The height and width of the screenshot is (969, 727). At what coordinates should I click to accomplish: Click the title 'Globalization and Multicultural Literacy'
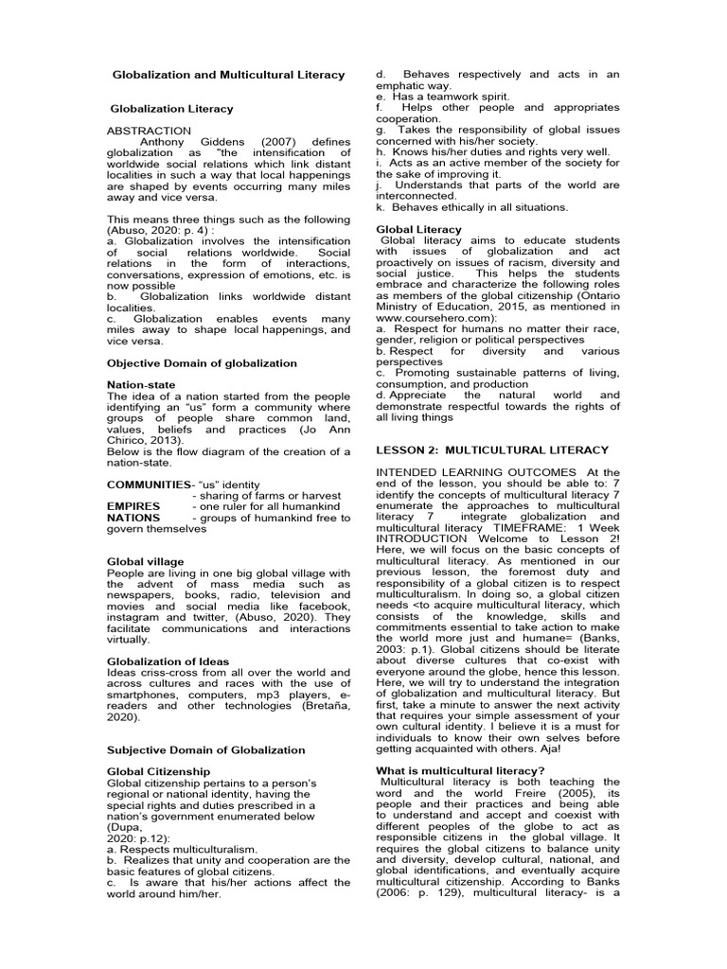click(229, 74)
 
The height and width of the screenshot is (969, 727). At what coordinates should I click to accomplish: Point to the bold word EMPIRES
click(133, 506)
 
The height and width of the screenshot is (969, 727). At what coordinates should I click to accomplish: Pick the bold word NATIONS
click(133, 518)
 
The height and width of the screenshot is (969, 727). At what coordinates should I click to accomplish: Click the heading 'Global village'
click(146, 562)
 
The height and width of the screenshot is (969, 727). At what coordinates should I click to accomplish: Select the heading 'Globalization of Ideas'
click(168, 661)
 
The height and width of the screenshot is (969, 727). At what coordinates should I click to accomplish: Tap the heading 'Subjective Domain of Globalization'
click(206, 749)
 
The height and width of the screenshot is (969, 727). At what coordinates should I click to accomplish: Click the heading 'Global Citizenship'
click(158, 772)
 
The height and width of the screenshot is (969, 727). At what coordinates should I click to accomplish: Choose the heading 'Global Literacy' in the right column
click(419, 229)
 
